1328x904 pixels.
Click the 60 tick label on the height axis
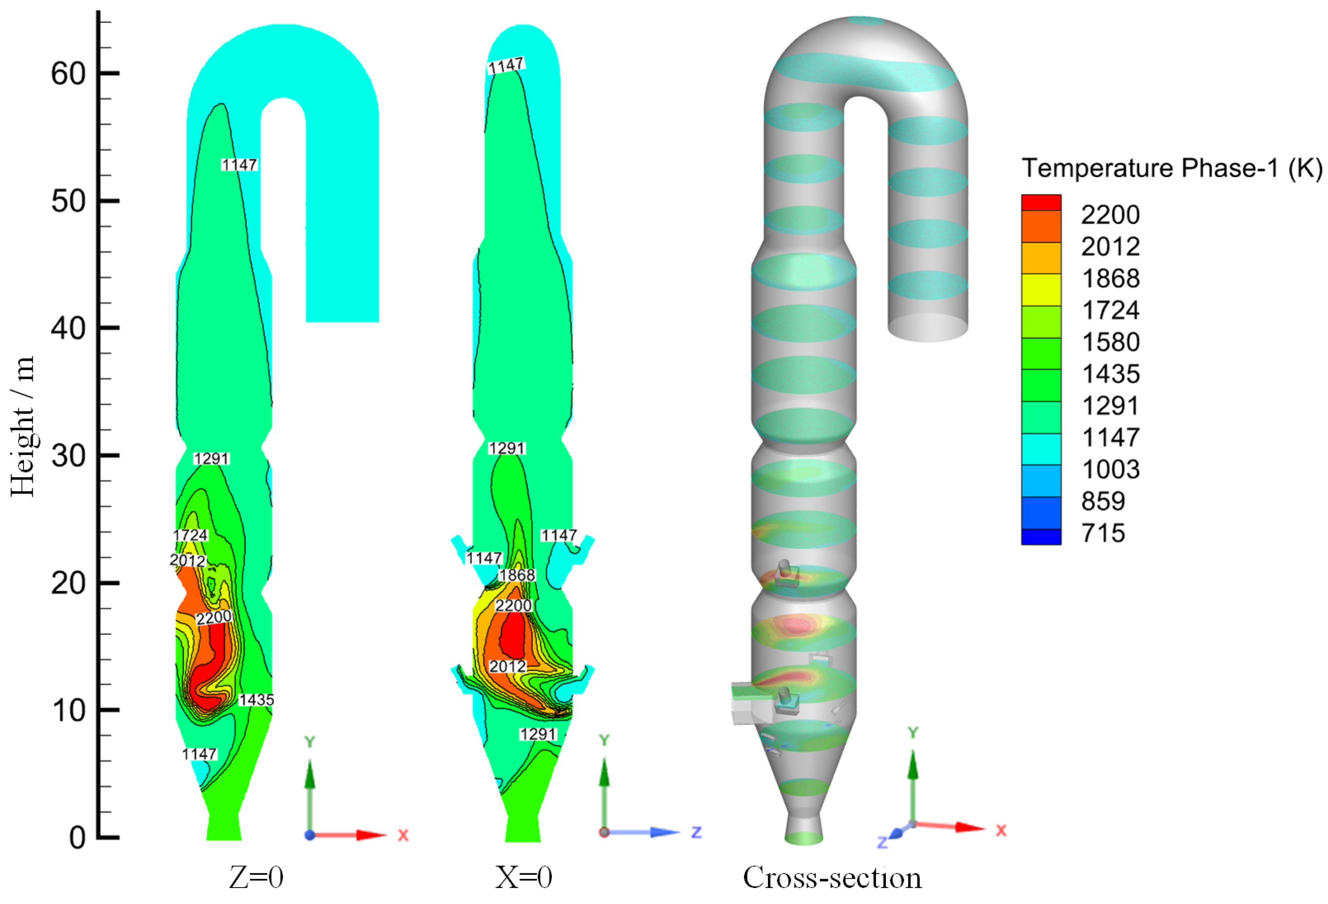(68, 74)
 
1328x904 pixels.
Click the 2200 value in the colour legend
(1110, 215)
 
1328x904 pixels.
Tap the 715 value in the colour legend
(1103, 533)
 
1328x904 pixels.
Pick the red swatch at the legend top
(1041, 203)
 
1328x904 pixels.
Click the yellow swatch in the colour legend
(1041, 290)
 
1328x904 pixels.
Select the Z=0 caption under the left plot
(256, 877)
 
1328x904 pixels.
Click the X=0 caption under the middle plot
(523, 877)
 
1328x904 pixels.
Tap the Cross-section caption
(832, 877)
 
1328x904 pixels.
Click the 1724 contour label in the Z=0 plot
(191, 535)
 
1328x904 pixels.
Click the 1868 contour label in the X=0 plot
(517, 575)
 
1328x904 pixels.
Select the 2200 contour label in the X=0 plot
(513, 605)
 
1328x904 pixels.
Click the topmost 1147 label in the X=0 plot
(506, 66)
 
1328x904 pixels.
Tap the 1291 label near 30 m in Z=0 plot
(211, 459)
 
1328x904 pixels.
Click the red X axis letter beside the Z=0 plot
(403, 835)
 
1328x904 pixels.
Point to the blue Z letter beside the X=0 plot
(696, 832)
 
